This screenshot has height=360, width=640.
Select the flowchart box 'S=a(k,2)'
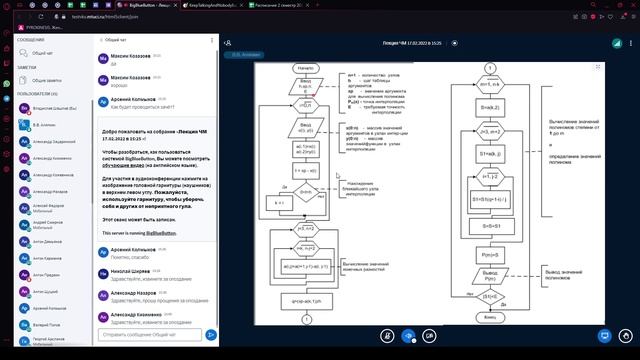coord(490,107)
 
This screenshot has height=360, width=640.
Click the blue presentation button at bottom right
coord(604,334)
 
